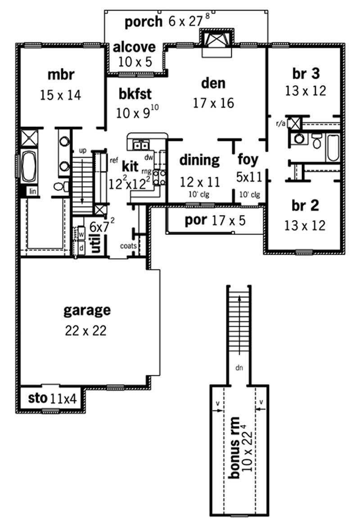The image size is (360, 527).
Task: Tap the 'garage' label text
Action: pyautogui.click(x=87, y=310)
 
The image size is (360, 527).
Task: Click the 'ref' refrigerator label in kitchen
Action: pyautogui.click(x=113, y=159)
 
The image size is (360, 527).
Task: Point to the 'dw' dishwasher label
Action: pyautogui.click(x=148, y=157)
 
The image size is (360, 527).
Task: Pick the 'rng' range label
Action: pyautogui.click(x=147, y=171)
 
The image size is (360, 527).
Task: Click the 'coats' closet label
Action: pyautogui.click(x=127, y=245)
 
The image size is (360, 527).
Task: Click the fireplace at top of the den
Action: pyautogui.click(x=216, y=41)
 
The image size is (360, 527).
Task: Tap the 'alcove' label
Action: pyautogui.click(x=134, y=47)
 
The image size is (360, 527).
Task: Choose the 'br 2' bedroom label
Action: pyautogui.click(x=305, y=205)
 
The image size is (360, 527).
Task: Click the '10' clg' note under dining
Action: pyautogui.click(x=200, y=195)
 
